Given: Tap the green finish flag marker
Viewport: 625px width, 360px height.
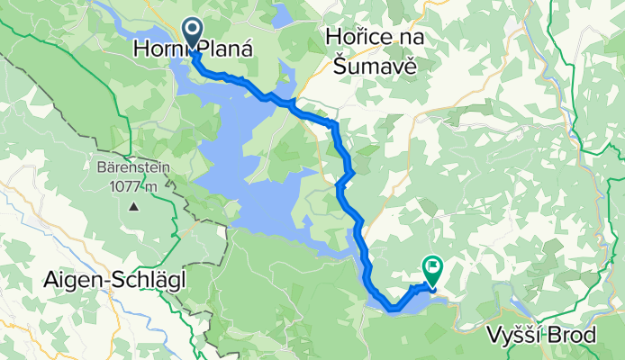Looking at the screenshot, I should [x=433, y=266].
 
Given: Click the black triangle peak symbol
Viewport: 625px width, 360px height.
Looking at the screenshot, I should [x=133, y=206].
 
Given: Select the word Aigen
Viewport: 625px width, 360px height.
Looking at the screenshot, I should [x=70, y=281].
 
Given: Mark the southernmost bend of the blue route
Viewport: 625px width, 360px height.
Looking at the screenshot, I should [x=394, y=310].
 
